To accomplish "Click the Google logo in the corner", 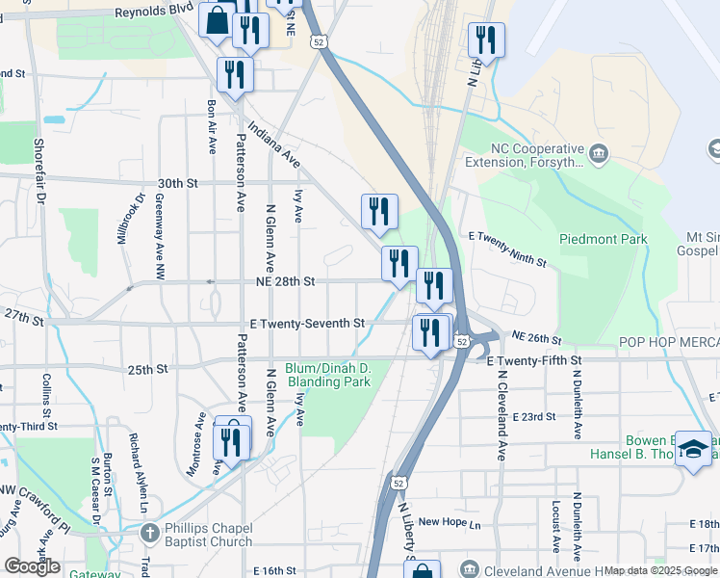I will click(x=32, y=566).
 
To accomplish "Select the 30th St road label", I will click(x=177, y=183).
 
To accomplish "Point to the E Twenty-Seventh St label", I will click(x=306, y=324).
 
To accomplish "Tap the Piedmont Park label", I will click(x=604, y=239).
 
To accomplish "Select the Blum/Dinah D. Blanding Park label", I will click(x=328, y=375).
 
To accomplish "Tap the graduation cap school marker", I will click(x=693, y=449).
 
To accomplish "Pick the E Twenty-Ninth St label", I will click(x=507, y=249).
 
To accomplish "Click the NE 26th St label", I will click(x=537, y=338).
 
